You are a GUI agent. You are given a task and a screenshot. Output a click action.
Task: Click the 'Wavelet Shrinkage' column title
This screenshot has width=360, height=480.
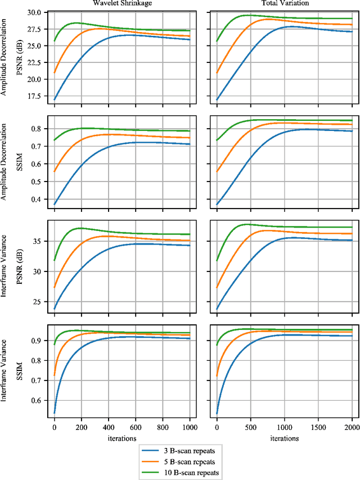[122, 3]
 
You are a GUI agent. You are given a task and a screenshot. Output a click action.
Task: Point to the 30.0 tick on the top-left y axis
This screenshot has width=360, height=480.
[35, 12]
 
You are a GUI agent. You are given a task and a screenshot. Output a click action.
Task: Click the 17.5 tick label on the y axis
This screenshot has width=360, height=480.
[35, 96]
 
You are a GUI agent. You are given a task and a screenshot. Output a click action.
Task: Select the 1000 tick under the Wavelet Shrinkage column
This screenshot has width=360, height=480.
[190, 427]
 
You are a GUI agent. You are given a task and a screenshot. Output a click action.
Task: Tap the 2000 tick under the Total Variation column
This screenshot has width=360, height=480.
[352, 427]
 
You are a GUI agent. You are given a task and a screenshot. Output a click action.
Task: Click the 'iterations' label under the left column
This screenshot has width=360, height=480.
[122, 437]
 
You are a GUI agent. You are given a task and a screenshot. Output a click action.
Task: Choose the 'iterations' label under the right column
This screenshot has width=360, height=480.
[284, 437]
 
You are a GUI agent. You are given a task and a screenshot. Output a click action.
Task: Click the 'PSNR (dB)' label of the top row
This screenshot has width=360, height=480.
[19, 55]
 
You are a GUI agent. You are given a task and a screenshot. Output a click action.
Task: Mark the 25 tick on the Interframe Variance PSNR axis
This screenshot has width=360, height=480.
[39, 302]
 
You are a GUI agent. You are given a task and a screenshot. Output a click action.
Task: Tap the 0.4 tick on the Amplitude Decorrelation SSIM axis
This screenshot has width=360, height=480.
[37, 200]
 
